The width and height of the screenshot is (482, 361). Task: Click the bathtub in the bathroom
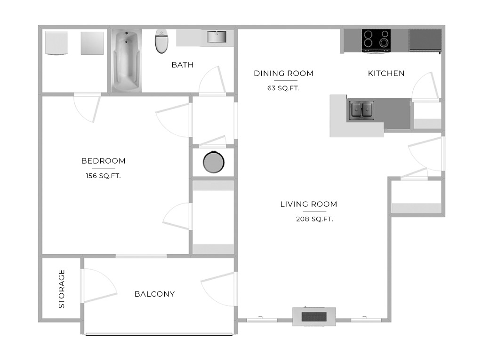coord(126,60)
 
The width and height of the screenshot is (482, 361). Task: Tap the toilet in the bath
coord(161,41)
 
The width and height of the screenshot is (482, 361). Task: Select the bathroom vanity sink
coord(217,37)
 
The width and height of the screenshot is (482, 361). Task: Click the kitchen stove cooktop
coord(376,40)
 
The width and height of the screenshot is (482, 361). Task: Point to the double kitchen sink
coord(362,110)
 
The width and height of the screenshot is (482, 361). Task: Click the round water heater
coord(214,162)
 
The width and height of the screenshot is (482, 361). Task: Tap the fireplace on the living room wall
coord(314,316)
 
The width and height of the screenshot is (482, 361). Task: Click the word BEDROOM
coord(103,161)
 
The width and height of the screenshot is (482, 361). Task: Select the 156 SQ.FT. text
coord(103,176)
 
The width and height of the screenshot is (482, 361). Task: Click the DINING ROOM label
coord(283,73)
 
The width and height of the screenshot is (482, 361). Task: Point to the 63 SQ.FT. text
coord(283,88)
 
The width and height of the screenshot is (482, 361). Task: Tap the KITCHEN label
coord(386,73)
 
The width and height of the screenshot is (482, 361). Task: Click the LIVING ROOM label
coord(309,204)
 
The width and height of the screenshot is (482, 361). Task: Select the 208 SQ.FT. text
coord(314,219)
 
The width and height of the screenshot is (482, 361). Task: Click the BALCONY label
coord(154,294)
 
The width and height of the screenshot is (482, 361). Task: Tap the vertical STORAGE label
coord(62,289)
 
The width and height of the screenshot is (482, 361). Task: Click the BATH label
coord(182,65)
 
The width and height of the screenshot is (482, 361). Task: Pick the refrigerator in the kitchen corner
coord(425,40)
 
